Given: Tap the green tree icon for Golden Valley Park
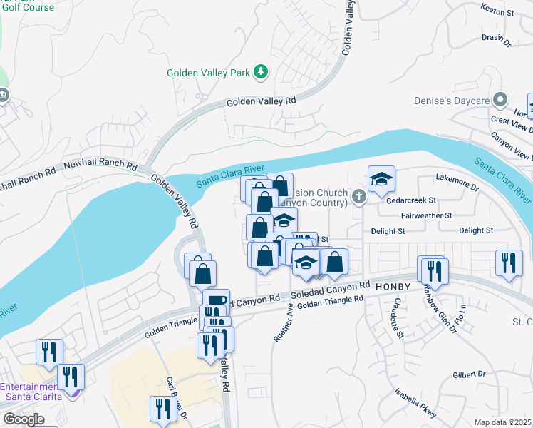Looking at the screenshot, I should click(262, 71).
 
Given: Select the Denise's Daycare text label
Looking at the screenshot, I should click(452, 101).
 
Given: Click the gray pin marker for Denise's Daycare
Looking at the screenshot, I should click(501, 100).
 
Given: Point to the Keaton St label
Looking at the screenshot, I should click(497, 12).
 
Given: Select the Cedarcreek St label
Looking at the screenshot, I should click(410, 200).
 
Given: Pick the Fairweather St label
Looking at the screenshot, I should click(427, 215).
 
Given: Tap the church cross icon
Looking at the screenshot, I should click(358, 195).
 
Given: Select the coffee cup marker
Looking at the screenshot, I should click(216, 302).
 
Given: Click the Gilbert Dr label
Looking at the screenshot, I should click(468, 374).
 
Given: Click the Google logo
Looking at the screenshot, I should click(23, 419).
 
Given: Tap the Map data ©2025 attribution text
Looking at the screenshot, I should click(502, 422).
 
